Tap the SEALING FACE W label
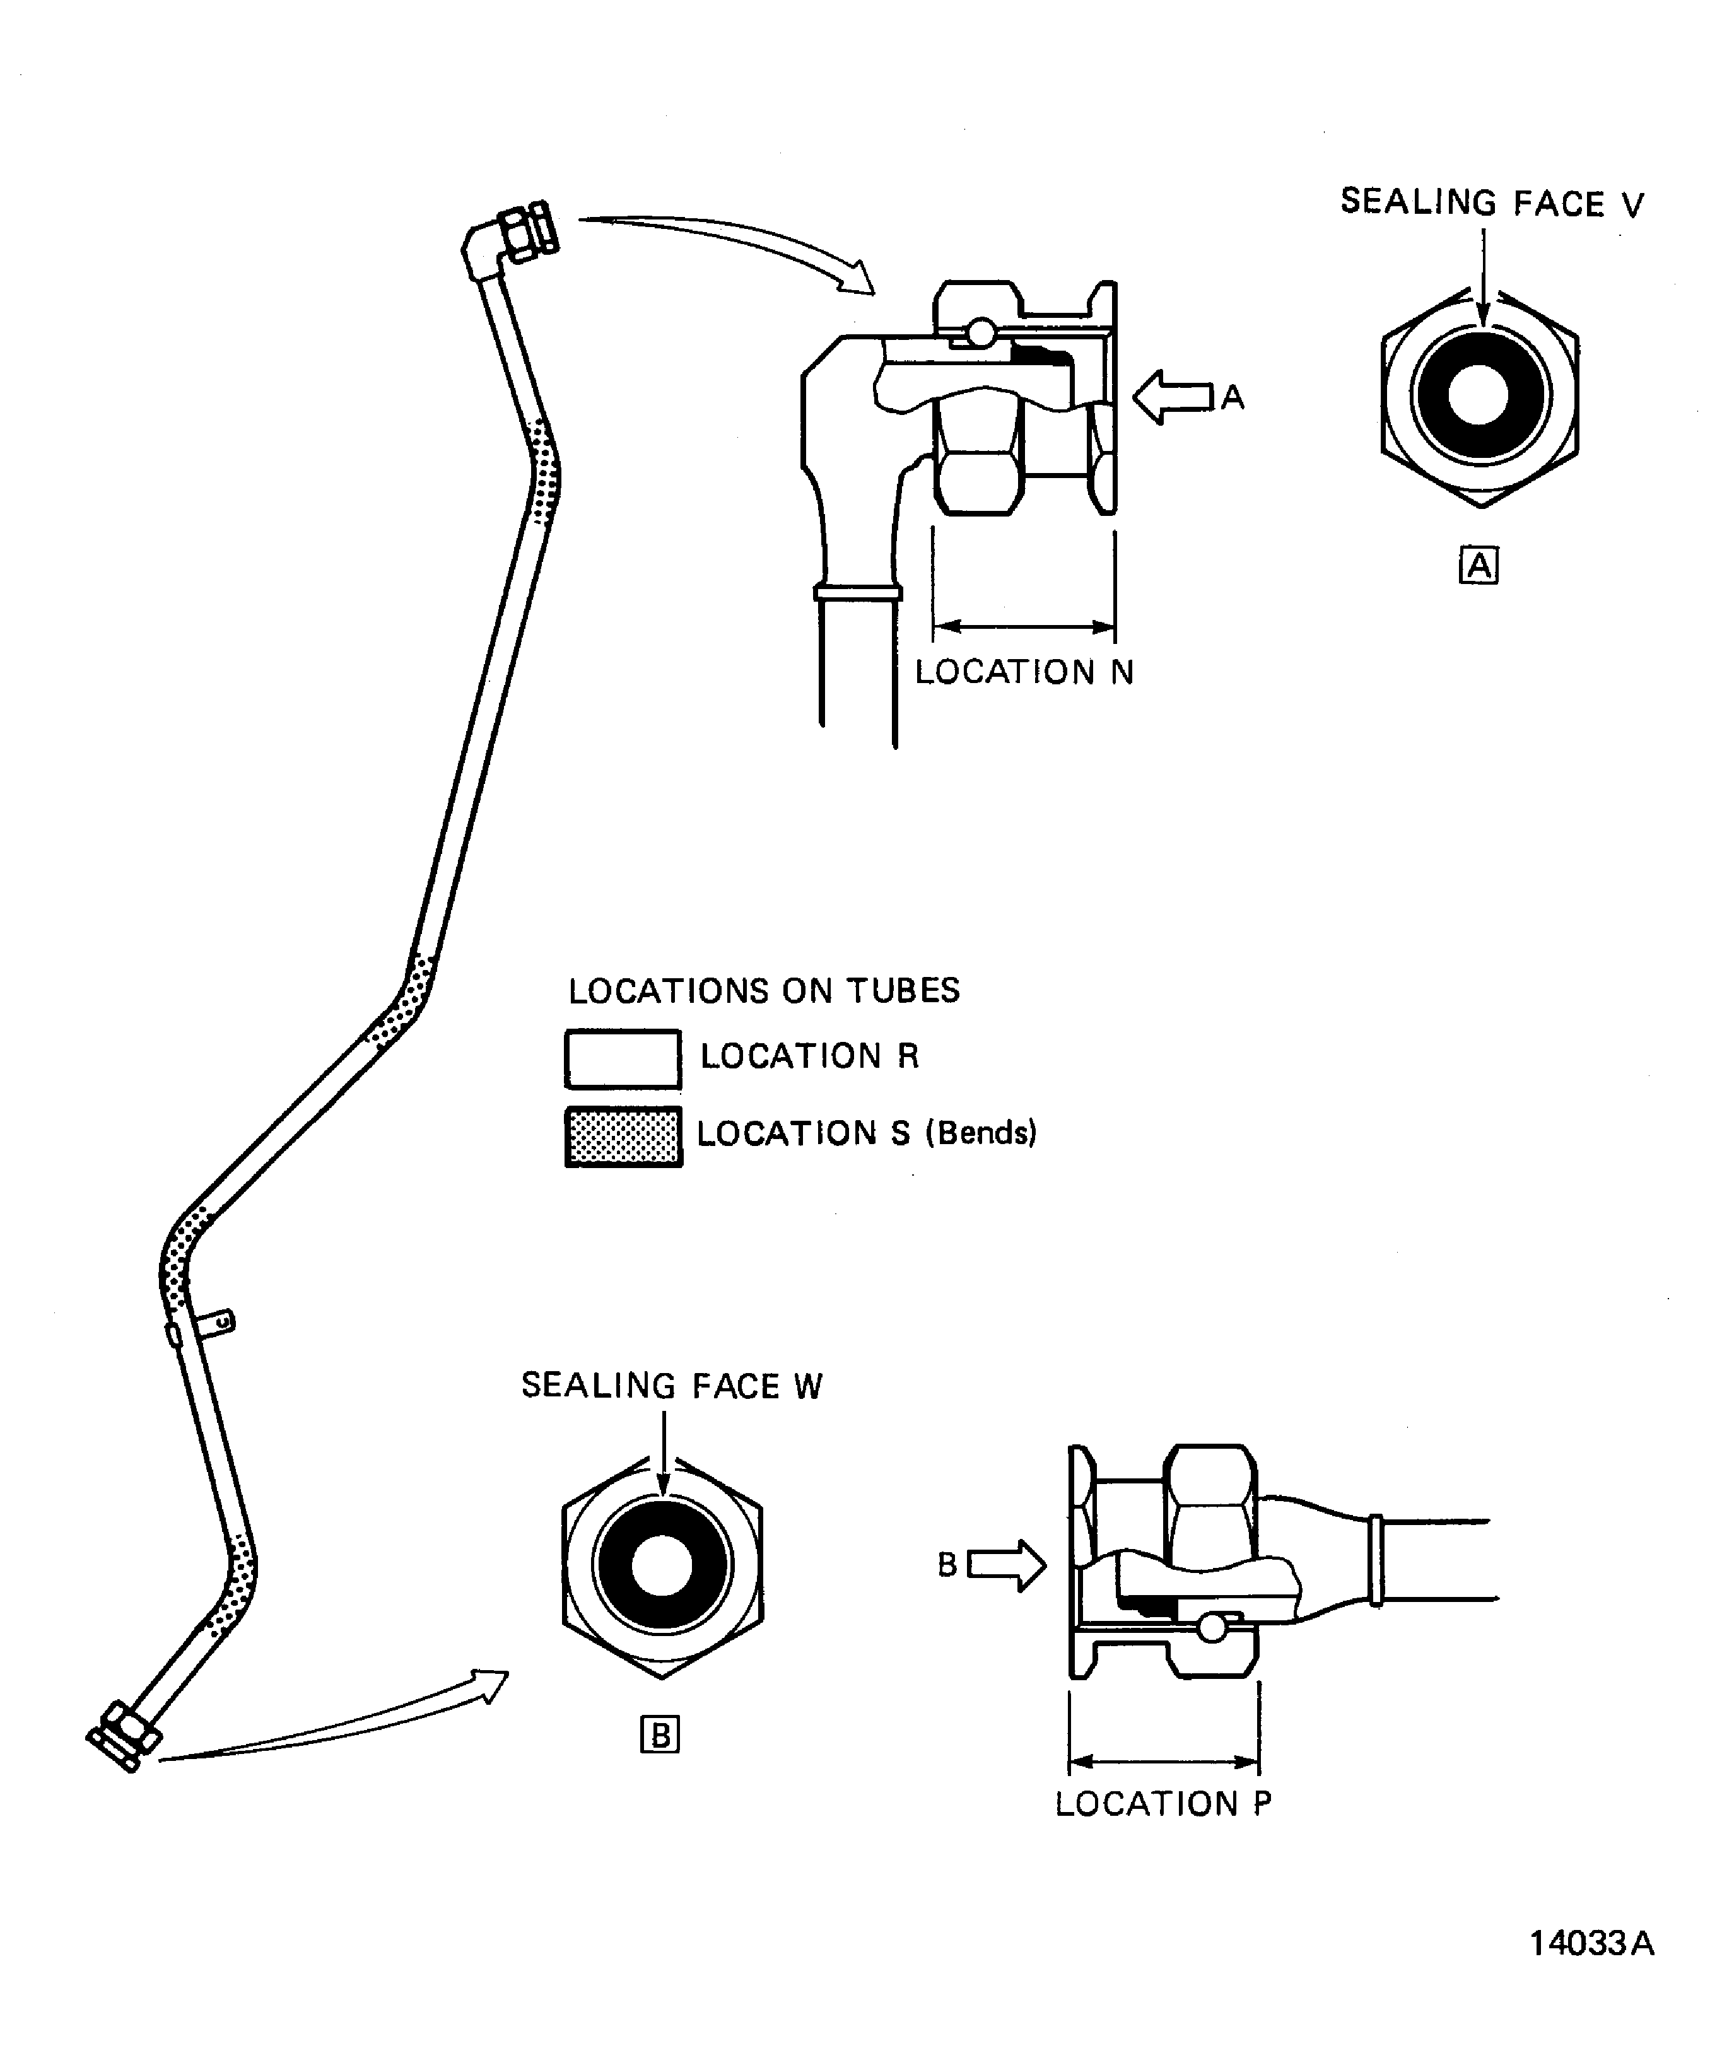click(x=671, y=1386)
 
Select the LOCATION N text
click(x=1023, y=672)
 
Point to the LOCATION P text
click(x=1163, y=1804)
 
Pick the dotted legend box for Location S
click(x=623, y=1137)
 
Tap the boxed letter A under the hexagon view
click(x=1478, y=566)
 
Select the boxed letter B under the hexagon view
click(x=660, y=1736)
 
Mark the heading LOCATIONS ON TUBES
click(x=763, y=991)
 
